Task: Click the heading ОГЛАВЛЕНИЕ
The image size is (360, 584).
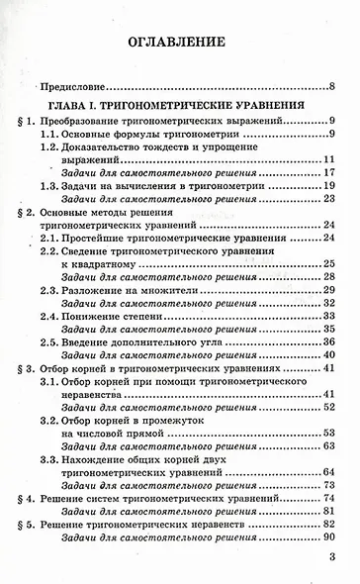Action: pyautogui.click(x=179, y=44)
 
